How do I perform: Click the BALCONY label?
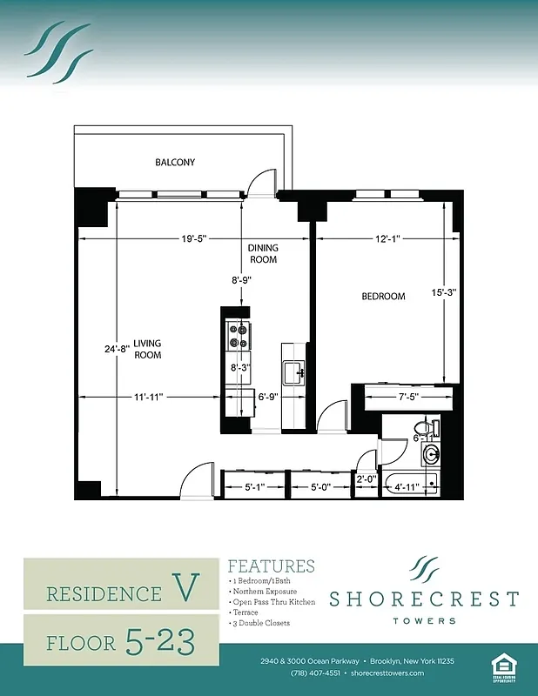click(x=175, y=163)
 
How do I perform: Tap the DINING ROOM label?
click(x=263, y=253)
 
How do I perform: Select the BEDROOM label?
click(x=383, y=297)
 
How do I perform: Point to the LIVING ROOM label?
click(x=147, y=349)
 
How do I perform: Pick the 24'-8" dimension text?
click(x=116, y=349)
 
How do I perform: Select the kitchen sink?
click(x=294, y=372)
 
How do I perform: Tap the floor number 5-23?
click(x=159, y=641)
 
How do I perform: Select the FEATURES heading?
click(x=271, y=567)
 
